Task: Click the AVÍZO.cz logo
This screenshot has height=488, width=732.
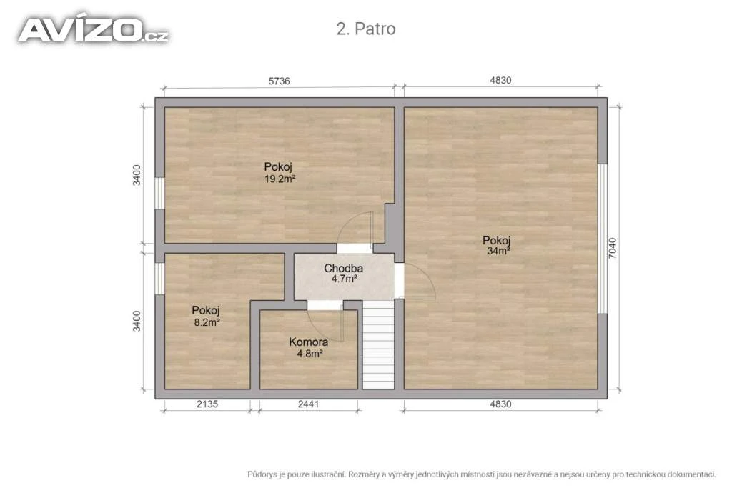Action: (94, 30)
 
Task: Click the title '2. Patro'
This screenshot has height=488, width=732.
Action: (366, 29)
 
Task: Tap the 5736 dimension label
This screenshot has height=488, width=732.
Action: (280, 81)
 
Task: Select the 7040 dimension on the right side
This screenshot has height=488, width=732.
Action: (613, 248)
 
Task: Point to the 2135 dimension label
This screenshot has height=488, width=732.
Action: (207, 404)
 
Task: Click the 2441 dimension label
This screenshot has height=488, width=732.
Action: (309, 404)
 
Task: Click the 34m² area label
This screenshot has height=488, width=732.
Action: (498, 251)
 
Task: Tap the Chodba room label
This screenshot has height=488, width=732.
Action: (344, 268)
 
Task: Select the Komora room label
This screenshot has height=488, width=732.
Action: (309, 342)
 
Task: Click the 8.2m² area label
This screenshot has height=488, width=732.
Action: (207, 322)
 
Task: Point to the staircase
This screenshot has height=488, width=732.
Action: (379, 344)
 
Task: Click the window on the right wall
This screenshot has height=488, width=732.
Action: (603, 239)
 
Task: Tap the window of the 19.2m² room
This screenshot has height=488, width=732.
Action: (159, 193)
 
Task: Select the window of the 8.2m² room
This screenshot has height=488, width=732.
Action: (159, 279)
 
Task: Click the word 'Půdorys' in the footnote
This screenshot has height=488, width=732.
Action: (263, 475)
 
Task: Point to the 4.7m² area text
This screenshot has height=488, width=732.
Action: (345, 279)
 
